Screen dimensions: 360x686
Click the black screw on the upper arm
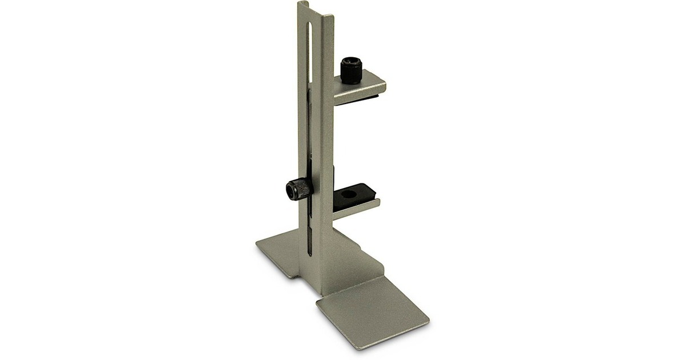coord(350,71)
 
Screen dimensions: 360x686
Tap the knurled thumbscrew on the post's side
coord(297,189)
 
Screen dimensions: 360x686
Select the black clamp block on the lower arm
coord(352,197)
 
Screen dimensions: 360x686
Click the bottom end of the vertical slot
coord(309,255)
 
